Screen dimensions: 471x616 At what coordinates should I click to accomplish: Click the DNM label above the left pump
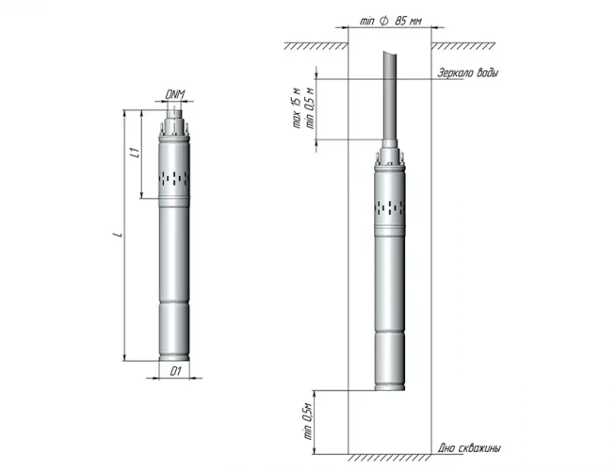pyautogui.click(x=174, y=93)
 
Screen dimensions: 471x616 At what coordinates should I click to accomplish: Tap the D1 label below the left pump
pyautogui.click(x=174, y=372)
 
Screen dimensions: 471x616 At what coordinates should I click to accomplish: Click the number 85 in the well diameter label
pyautogui.click(x=400, y=21)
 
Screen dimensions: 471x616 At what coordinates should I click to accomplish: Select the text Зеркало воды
pyautogui.click(x=468, y=73)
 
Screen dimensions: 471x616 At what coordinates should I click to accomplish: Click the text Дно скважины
pyautogui.click(x=469, y=447)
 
